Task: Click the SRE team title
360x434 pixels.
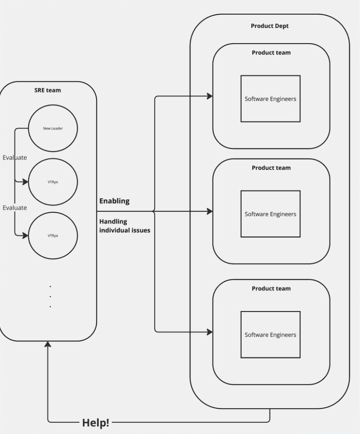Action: click(48, 90)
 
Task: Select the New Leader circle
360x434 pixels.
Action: click(53, 128)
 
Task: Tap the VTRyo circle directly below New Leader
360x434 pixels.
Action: click(53, 182)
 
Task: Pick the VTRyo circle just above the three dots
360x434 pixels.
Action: click(53, 236)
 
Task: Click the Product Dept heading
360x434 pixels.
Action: click(270, 26)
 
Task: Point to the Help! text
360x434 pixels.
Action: click(96, 423)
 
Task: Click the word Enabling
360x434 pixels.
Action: click(114, 201)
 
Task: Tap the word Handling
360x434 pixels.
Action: click(113, 221)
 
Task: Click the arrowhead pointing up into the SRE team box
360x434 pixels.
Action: click(48, 344)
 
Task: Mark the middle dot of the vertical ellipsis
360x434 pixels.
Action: click(50, 296)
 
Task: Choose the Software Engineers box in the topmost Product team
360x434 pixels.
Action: click(270, 98)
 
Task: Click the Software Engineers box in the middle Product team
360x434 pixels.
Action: click(270, 214)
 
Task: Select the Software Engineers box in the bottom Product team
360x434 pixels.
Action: click(270, 334)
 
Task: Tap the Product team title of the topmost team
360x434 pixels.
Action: click(271, 53)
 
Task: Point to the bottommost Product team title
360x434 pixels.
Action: click(271, 289)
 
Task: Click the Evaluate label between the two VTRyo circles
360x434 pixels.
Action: click(15, 208)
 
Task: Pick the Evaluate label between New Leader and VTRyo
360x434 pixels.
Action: click(15, 157)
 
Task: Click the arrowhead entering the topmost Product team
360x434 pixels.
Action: click(210, 96)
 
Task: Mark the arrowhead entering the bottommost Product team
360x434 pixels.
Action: click(210, 332)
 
